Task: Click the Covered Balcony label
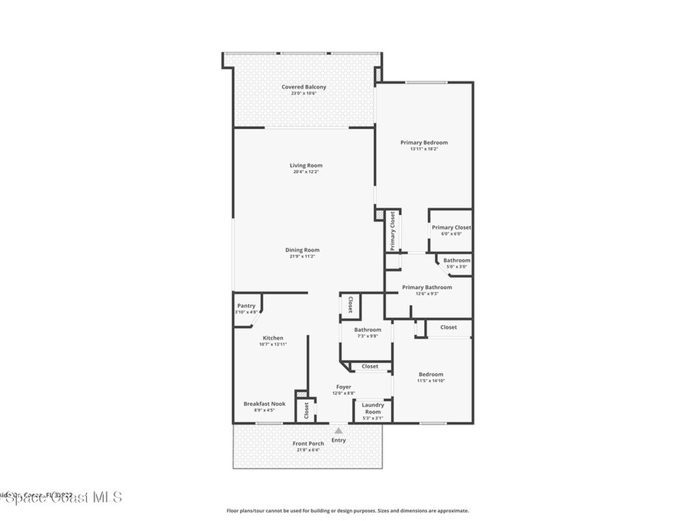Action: click(x=303, y=87)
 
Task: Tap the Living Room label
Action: click(x=305, y=166)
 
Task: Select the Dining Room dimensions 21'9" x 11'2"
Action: click(x=302, y=257)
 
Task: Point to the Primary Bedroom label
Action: click(x=424, y=142)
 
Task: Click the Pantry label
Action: click(x=246, y=306)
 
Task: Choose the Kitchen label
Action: click(x=273, y=338)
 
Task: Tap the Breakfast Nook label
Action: click(x=264, y=404)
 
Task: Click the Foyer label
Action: click(x=343, y=387)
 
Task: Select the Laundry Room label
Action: click(x=373, y=408)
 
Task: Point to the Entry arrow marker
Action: click(x=338, y=429)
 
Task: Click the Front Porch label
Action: click(x=308, y=444)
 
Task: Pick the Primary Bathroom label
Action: click(x=426, y=288)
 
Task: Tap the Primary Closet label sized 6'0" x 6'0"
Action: click(x=451, y=228)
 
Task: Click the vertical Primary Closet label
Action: click(x=392, y=231)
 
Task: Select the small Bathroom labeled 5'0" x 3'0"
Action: click(x=457, y=260)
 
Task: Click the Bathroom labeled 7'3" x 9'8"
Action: click(x=367, y=330)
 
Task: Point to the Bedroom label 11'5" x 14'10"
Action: click(x=430, y=374)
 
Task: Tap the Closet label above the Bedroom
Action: click(x=448, y=327)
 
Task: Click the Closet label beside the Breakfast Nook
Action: click(x=306, y=410)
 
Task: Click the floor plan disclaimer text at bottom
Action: click(x=347, y=511)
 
